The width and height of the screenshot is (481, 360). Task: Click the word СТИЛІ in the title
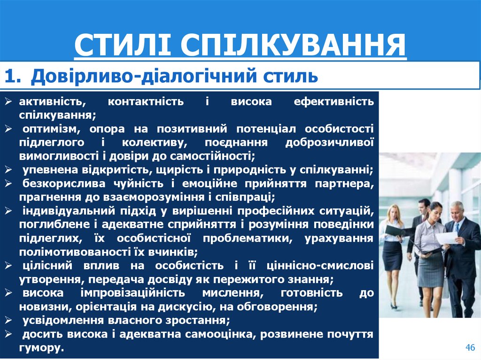123,46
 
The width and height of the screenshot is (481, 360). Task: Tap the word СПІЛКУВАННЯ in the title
293,46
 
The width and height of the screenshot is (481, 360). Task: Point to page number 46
470,347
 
